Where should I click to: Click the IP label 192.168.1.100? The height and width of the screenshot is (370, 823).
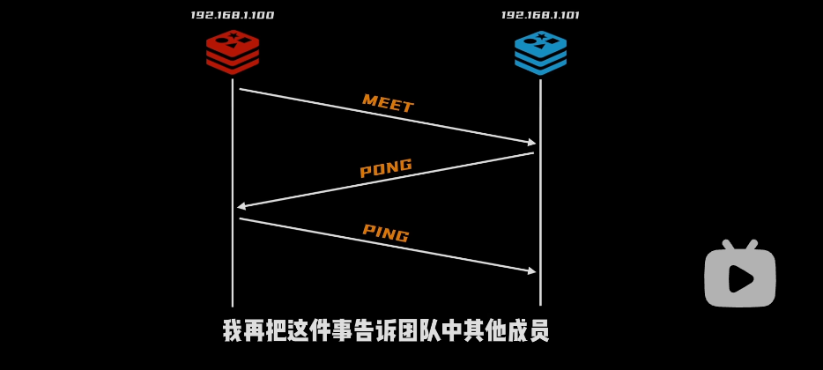(x=232, y=15)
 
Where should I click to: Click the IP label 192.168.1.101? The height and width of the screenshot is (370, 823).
(x=540, y=15)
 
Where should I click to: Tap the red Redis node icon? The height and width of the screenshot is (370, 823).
(x=233, y=52)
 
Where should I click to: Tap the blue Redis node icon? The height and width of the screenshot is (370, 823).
(x=540, y=52)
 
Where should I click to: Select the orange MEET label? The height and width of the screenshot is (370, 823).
(x=388, y=104)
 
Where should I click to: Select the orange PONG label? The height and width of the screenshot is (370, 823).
(x=386, y=168)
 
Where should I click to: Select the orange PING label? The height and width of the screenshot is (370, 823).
(x=386, y=233)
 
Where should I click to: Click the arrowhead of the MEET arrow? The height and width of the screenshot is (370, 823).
(x=532, y=142)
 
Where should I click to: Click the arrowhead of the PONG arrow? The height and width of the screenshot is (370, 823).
(x=241, y=206)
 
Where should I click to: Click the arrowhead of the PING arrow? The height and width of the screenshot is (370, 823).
(x=532, y=271)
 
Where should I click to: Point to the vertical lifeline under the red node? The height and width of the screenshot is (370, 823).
(x=233, y=264)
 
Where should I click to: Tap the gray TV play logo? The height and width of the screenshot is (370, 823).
(x=740, y=275)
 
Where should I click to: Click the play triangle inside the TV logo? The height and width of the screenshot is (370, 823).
(x=741, y=278)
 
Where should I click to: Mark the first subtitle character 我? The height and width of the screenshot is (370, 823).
(x=233, y=331)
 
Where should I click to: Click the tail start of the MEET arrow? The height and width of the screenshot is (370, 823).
(x=241, y=89)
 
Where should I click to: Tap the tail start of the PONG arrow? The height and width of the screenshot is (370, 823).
(x=532, y=153)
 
